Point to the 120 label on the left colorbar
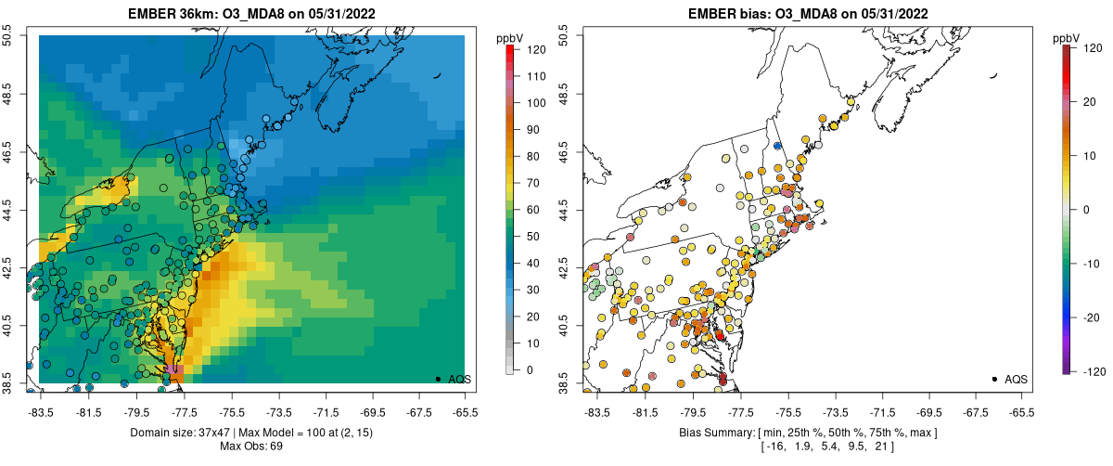533,51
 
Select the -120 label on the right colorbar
1092,369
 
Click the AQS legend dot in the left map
438,379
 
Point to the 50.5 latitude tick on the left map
7,36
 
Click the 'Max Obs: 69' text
252,447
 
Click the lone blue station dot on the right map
777,146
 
